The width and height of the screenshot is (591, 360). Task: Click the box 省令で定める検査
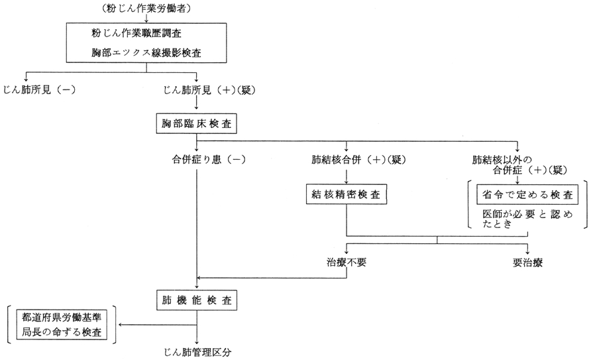click(529, 195)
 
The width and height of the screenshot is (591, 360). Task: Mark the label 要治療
click(527, 262)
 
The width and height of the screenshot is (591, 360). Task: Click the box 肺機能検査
click(197, 300)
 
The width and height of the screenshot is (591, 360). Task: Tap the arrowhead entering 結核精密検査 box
click(346, 182)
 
